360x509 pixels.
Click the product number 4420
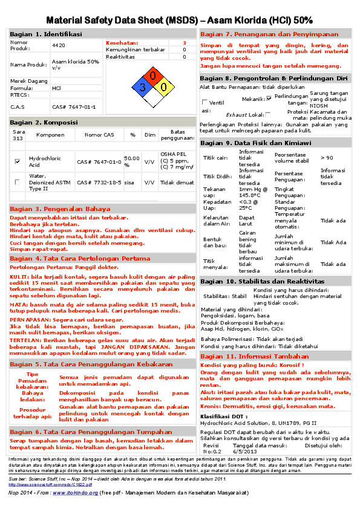(59, 45)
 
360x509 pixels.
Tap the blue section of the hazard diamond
(143, 86)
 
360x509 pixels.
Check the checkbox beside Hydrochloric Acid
(17, 161)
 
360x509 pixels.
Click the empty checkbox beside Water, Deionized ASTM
(17, 182)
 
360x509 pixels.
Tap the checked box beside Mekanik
(269, 98)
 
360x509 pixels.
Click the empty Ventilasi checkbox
(205, 102)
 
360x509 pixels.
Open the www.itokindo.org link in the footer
(73, 493)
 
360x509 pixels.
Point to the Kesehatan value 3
(185, 43)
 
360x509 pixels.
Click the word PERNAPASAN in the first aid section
(30, 319)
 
